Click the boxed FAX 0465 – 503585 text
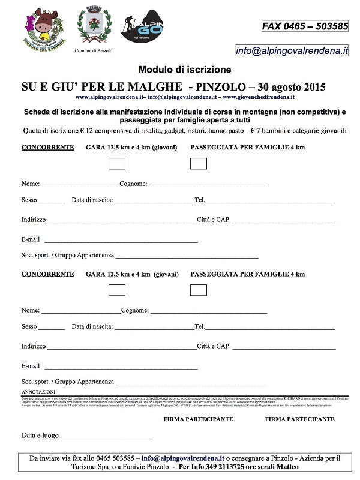click(x=305, y=26)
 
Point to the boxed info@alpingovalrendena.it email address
click(x=292, y=51)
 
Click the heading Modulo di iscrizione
click(x=184, y=70)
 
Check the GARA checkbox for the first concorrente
click(x=117, y=163)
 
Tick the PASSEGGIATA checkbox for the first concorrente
click(x=199, y=163)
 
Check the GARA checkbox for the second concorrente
click(x=117, y=290)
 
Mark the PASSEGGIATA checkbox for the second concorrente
click(x=199, y=290)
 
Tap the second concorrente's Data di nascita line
click(x=154, y=329)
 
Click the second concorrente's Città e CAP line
click(x=283, y=349)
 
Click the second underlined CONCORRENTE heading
click(x=48, y=274)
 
